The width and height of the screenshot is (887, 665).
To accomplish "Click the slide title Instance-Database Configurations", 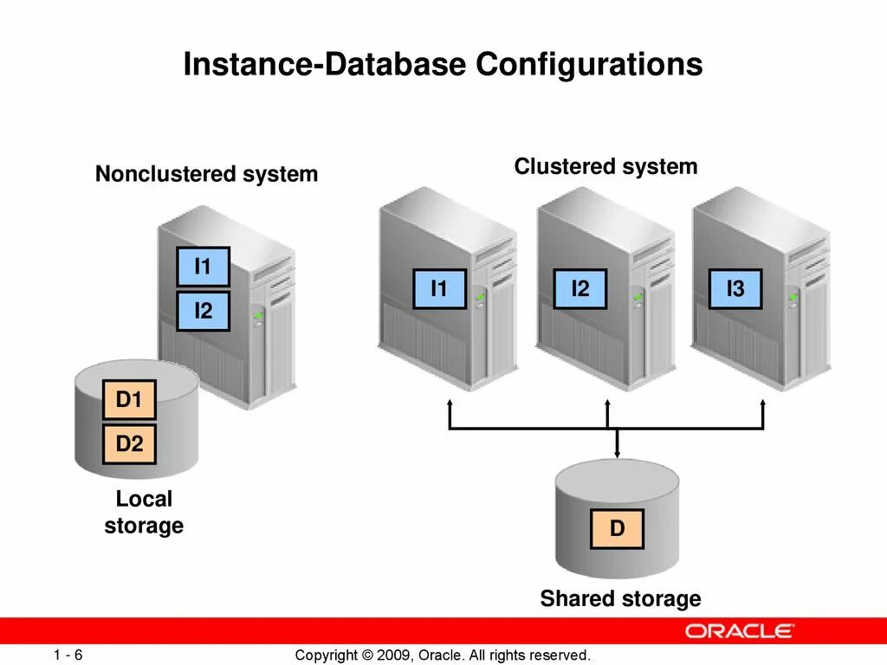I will click(x=443, y=66).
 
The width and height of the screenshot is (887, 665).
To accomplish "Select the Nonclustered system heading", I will click(x=206, y=174).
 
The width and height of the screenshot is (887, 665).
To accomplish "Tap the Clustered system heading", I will click(x=605, y=166).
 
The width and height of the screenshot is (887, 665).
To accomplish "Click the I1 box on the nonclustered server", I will click(x=203, y=267).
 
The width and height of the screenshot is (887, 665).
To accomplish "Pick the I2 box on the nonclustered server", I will click(x=203, y=311).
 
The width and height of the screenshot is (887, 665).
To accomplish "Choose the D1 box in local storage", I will click(x=129, y=400).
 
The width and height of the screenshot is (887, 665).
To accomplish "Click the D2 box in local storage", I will click(x=129, y=444).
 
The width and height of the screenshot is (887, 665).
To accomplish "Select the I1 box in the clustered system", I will click(x=439, y=289).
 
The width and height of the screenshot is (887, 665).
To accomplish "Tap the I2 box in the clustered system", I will click(x=579, y=289).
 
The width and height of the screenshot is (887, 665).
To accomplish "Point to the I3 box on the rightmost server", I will click(x=735, y=289).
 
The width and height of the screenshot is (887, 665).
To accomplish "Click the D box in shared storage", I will click(x=617, y=528).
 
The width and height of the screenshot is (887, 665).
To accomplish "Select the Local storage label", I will click(x=144, y=513).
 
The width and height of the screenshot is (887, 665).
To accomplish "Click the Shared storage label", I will click(x=620, y=598).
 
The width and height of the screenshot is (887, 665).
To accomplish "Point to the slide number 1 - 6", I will click(x=67, y=655).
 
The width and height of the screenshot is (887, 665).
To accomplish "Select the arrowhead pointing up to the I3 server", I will click(x=763, y=404).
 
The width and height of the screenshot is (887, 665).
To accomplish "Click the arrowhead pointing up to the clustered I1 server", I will click(x=450, y=404).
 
